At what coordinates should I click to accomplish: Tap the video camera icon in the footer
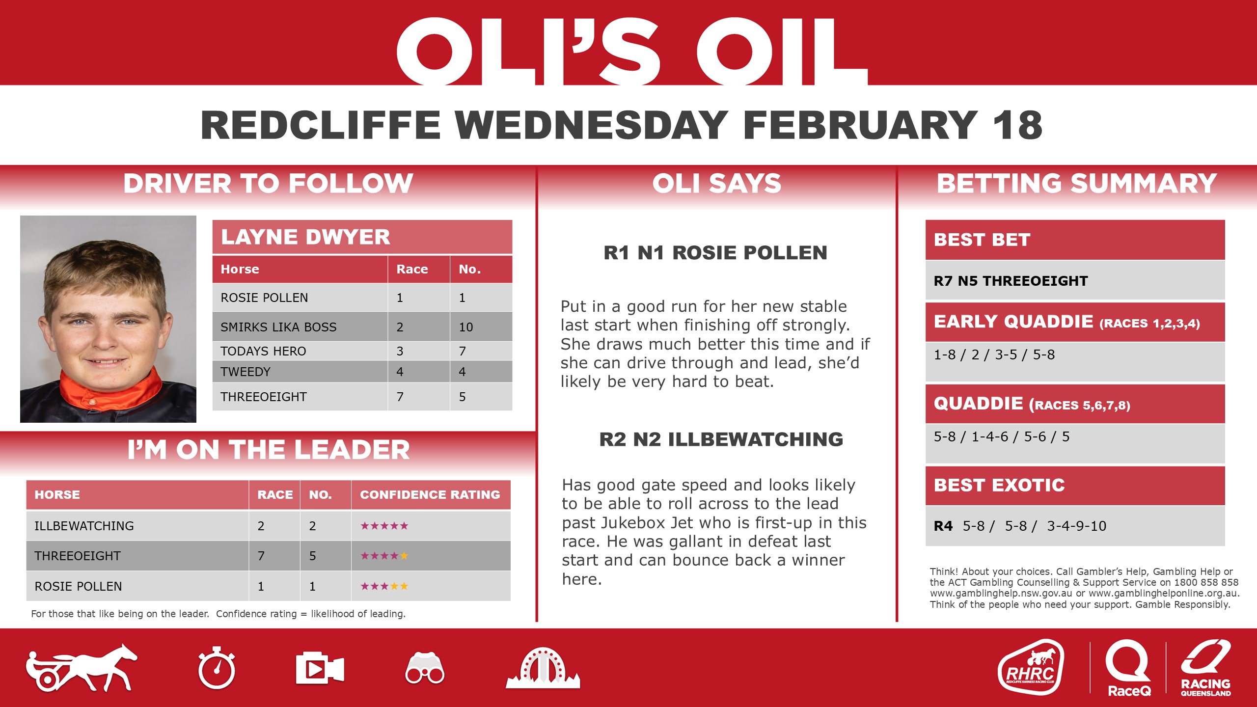pyautogui.click(x=320, y=668)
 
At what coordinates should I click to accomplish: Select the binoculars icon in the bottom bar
pyautogui.click(x=425, y=668)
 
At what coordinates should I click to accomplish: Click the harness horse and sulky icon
pyautogui.click(x=82, y=668)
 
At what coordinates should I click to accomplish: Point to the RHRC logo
pyautogui.click(x=1031, y=667)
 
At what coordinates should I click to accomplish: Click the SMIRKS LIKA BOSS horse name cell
pyautogui.click(x=278, y=327)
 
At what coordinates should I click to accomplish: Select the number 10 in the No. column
pyautogui.click(x=465, y=327)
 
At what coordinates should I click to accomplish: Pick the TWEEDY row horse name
pyautogui.click(x=246, y=372)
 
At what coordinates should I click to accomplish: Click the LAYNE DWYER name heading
pyautogui.click(x=305, y=237)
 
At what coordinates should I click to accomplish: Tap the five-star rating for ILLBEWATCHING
pyautogui.click(x=384, y=526)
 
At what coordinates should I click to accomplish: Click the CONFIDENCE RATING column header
pyautogui.click(x=430, y=494)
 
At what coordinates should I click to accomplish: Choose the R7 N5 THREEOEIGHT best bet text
pyautogui.click(x=1011, y=281)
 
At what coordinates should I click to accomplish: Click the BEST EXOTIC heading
pyautogui.click(x=999, y=485)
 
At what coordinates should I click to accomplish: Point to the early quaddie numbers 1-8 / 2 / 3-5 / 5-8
pyautogui.click(x=994, y=354)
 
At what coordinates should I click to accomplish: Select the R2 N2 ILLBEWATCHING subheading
pyautogui.click(x=721, y=439)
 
